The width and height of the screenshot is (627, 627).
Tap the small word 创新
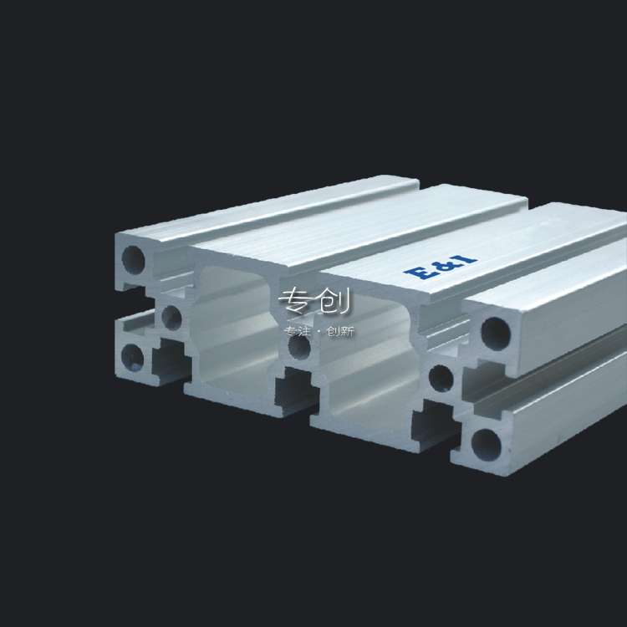pyautogui.click(x=341, y=332)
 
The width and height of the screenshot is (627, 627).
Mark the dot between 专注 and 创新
pyautogui.click(x=319, y=332)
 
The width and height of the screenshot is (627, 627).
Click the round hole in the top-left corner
pyautogui.click(x=134, y=260)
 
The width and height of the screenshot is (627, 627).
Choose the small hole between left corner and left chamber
pyautogui.click(x=171, y=315)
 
